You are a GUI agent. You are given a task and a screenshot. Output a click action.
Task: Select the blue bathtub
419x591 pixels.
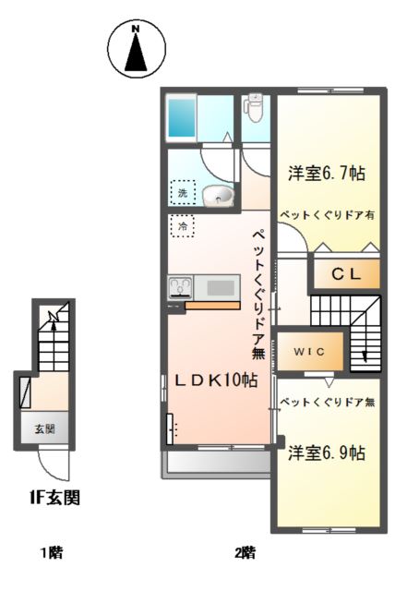click(182, 118)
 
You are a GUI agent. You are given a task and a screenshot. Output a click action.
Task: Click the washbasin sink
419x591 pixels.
click(218, 195)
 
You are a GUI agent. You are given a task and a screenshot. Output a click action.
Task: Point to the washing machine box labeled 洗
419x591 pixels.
click(183, 194)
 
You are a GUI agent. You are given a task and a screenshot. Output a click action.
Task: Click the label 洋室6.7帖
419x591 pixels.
click(326, 173)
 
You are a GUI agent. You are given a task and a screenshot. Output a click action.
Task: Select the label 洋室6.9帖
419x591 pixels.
click(325, 453)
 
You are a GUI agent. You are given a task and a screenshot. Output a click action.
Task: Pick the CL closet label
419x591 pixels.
click(344, 273)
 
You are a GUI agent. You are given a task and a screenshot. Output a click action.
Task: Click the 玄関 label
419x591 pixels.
click(45, 428)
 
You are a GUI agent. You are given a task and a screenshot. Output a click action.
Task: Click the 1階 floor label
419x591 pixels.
click(50, 553)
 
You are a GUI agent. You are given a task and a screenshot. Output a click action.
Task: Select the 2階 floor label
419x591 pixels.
click(244, 553)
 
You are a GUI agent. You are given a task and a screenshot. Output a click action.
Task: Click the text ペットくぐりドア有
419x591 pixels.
click(327, 212)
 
